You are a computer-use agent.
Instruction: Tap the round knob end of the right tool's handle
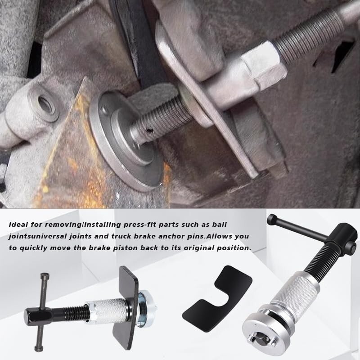tap(272, 219)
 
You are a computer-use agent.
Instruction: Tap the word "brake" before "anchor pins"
tap(141, 236)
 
